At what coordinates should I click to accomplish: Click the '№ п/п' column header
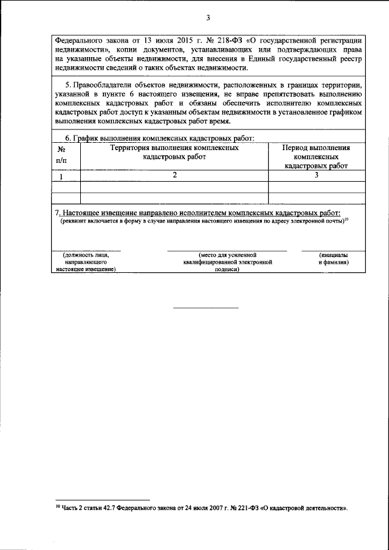61,154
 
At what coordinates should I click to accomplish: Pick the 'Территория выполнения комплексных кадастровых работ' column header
174,152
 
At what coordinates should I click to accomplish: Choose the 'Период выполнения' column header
316,148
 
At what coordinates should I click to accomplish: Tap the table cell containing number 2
174,176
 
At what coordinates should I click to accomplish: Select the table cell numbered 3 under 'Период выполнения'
316,176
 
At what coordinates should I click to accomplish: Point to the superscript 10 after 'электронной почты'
345,219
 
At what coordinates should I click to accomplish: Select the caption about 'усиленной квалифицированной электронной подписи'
226,261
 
